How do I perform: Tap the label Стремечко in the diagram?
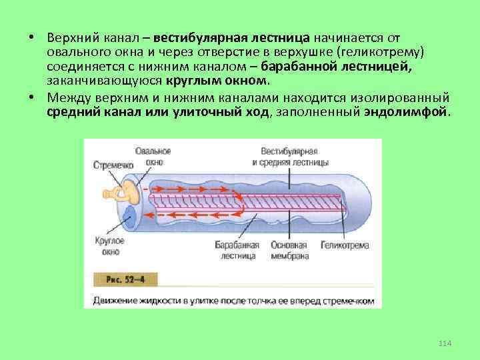click(x=113, y=165)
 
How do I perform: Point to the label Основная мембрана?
click(x=289, y=250)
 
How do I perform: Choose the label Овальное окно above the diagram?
click(x=153, y=155)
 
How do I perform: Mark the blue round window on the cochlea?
click(x=131, y=216)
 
